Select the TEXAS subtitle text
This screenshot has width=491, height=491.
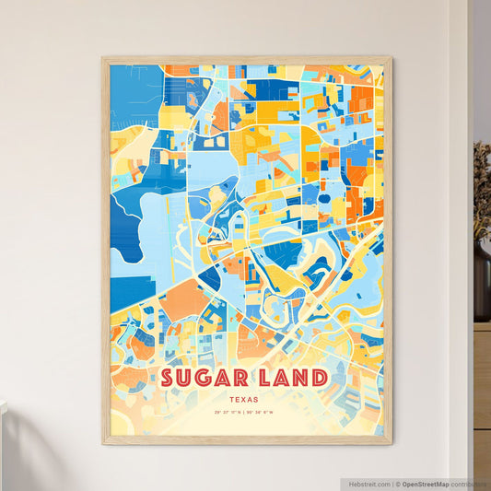[246, 400]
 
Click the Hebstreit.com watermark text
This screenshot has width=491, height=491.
[366, 484]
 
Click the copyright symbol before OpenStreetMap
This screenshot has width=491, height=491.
[396, 484]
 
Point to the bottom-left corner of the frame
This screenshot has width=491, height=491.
[103, 443]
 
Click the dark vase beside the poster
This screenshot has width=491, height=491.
[482, 281]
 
